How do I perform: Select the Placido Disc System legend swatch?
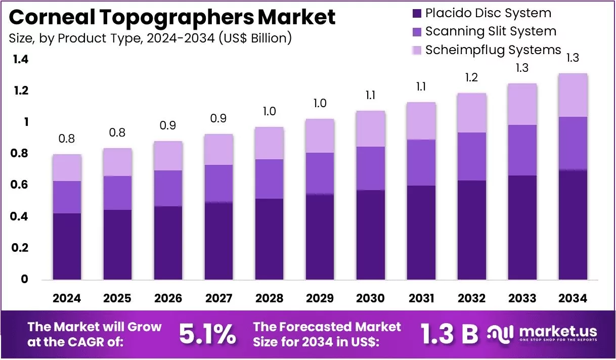[417, 14]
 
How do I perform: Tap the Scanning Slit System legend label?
[491, 31]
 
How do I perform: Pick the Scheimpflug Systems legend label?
[493, 50]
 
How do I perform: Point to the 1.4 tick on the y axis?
[21, 59]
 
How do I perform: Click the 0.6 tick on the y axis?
[19, 184]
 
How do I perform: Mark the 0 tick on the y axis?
[24, 279]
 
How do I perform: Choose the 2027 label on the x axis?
[218, 298]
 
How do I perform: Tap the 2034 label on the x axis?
[573, 298]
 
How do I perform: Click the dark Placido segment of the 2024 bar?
[67, 246]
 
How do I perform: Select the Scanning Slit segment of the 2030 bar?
[370, 168]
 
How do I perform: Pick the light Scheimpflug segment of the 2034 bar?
[573, 95]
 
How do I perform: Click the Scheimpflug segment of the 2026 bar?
[168, 156]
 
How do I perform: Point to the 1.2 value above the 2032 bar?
[471, 77]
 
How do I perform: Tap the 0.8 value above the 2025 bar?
[117, 132]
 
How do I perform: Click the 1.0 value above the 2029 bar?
[320, 104]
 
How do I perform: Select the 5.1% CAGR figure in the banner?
[208, 334]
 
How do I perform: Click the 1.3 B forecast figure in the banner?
[450, 334]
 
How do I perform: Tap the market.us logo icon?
[500, 334]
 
